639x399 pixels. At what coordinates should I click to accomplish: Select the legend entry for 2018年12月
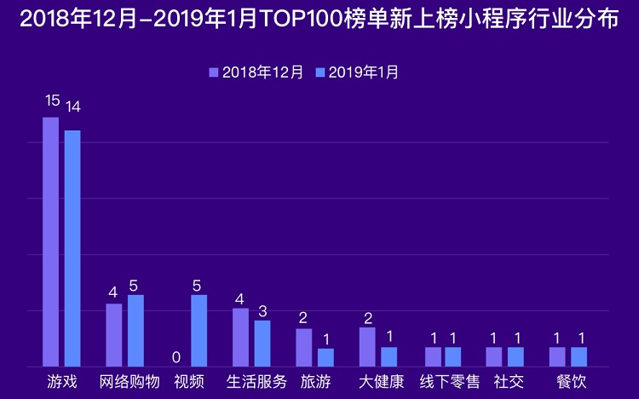[256, 72]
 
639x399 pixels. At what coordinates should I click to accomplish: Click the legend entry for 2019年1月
[357, 72]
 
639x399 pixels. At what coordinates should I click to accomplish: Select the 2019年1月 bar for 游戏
[72, 248]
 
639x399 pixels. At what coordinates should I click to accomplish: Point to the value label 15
[52, 101]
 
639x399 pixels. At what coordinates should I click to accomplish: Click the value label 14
[72, 107]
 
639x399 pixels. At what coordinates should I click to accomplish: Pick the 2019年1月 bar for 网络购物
[135, 330]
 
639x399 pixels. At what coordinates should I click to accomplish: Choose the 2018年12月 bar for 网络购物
[114, 334]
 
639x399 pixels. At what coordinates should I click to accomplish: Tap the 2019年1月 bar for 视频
[199, 330]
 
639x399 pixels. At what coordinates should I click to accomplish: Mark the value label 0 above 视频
[176, 356]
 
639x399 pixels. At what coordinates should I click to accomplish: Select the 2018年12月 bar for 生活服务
[240, 337]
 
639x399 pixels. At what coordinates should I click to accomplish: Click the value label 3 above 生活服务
[262, 309]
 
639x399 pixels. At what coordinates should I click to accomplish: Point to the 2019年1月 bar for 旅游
[325, 356]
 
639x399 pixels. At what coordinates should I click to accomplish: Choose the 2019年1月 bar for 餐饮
[579, 356]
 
